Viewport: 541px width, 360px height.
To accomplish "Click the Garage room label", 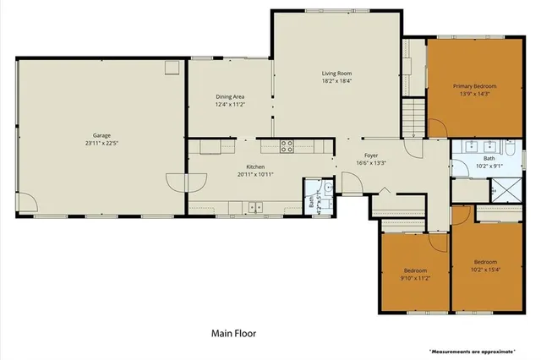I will pyautogui.click(x=101, y=134).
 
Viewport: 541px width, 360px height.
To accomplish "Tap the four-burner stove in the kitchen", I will pyautogui.click(x=287, y=145).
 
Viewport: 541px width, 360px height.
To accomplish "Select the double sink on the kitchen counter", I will pyautogui.click(x=256, y=206).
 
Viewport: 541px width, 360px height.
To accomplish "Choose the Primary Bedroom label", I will pyautogui.click(x=473, y=86).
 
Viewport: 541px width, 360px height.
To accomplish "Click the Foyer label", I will pyautogui.click(x=370, y=155).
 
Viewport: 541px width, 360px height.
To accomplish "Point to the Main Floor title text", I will pyautogui.click(x=234, y=334).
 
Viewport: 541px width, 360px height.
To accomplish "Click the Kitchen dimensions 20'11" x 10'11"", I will pyautogui.click(x=256, y=174).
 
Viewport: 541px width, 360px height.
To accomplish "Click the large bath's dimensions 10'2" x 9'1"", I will pyautogui.click(x=489, y=166).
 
